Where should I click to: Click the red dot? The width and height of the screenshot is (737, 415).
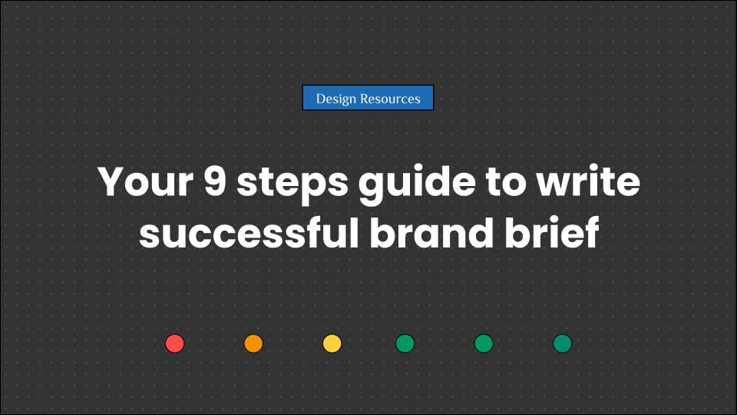[x=175, y=344]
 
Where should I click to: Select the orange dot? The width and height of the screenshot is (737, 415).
[x=253, y=344]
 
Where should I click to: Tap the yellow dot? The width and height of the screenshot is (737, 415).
[x=332, y=344]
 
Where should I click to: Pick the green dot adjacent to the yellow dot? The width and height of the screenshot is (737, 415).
[x=405, y=344]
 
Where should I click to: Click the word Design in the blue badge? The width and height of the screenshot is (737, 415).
[x=336, y=98]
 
